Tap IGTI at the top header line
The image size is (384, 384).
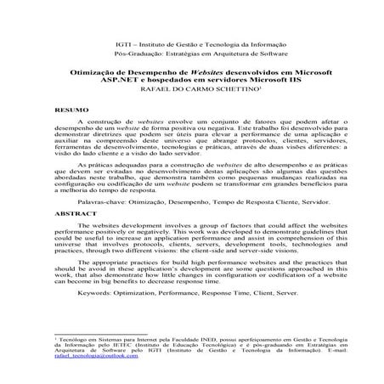(x=123, y=42)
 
